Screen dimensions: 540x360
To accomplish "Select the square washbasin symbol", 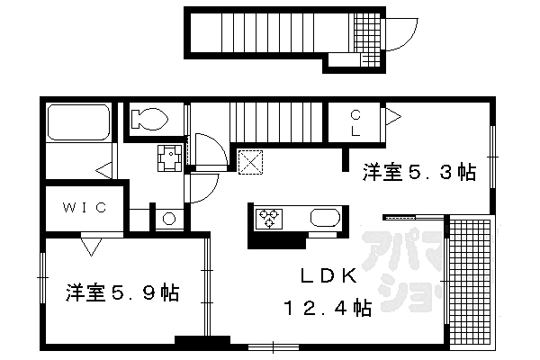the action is coord(169,157).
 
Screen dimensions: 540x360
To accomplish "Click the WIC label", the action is coord(85,208).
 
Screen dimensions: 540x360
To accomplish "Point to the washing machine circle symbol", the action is coord(168,219).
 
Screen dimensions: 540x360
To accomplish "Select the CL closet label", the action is coord(355,123).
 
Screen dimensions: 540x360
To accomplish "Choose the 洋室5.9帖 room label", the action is coord(121,293).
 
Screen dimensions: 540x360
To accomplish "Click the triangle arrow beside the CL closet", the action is coord(392,115).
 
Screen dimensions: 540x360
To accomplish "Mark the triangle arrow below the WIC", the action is coord(90,243).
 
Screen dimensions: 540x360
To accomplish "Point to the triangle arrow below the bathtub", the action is coord(105,168).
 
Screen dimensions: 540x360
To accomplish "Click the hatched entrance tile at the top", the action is coord(365,41).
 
